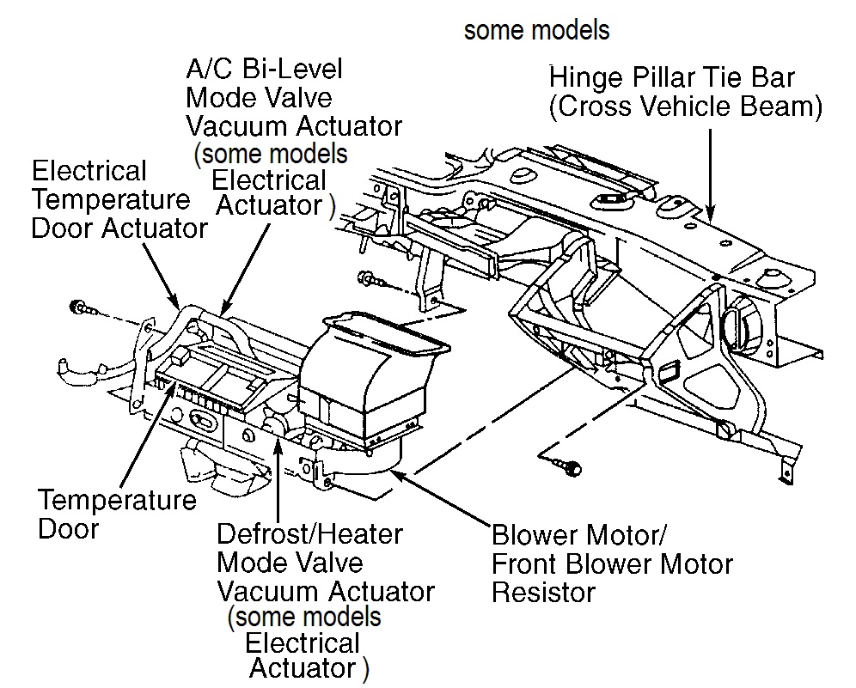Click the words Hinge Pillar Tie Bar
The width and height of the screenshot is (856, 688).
tap(671, 77)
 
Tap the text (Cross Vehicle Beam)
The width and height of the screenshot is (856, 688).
tap(686, 106)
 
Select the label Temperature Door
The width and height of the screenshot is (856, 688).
tap(117, 514)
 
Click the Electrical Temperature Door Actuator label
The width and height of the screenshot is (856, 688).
tap(119, 199)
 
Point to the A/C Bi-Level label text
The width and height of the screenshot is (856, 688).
tap(264, 69)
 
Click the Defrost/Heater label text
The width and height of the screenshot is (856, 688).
tap(309, 534)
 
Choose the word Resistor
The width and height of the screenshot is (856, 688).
tap(543, 593)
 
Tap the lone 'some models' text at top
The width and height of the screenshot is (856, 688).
tap(536, 30)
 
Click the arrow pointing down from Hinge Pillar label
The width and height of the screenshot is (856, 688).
tap(710, 174)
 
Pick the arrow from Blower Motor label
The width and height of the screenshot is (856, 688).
tap(440, 497)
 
